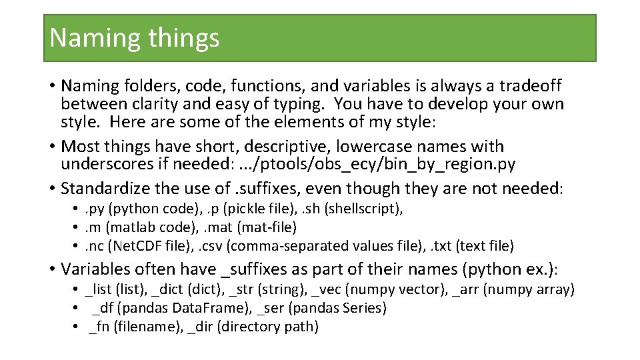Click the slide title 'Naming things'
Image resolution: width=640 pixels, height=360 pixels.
pyautogui.click(x=134, y=37)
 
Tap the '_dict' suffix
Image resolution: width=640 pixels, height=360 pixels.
pyautogui.click(x=166, y=290)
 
